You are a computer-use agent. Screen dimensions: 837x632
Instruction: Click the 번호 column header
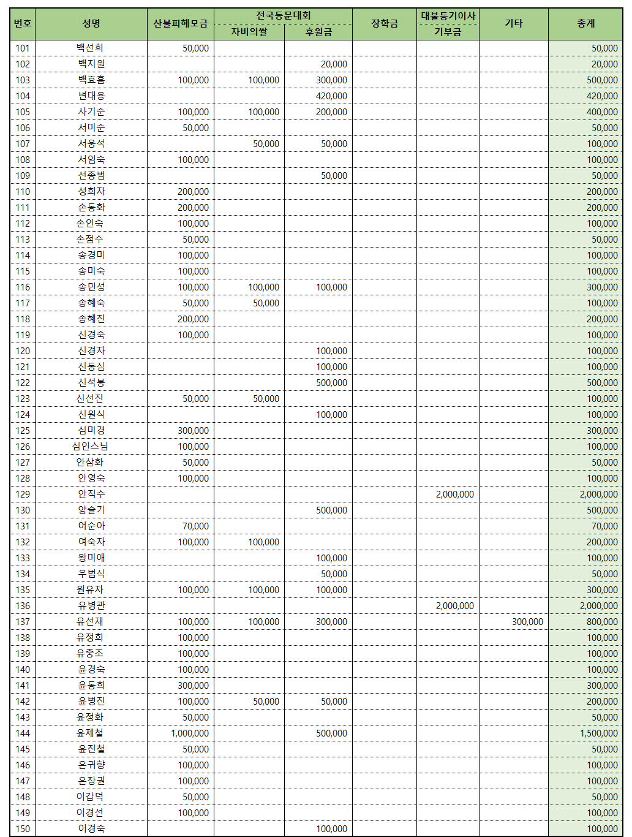pyautogui.click(x=23, y=24)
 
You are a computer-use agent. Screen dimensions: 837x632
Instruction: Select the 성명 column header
pyautogui.click(x=91, y=24)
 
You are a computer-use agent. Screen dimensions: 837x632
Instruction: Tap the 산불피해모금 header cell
pyautogui.click(x=180, y=24)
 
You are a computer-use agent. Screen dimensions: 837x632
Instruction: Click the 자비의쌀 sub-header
pyautogui.click(x=249, y=32)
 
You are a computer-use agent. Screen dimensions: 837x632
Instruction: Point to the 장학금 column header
pyautogui.click(x=385, y=24)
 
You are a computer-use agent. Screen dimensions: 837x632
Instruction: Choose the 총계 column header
pyautogui.click(x=585, y=24)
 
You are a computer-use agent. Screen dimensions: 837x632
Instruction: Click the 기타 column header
pyautogui.click(x=513, y=24)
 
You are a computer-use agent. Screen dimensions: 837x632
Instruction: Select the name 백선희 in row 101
pyautogui.click(x=90, y=48)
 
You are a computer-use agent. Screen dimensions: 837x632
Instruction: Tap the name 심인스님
pyautogui.click(x=90, y=446)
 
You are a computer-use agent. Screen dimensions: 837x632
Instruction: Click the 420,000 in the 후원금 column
pyautogui.click(x=331, y=96)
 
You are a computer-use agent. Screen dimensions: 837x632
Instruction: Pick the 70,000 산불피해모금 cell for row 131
pyautogui.click(x=195, y=526)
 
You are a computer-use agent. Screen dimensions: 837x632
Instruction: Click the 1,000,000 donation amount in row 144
pyautogui.click(x=190, y=733)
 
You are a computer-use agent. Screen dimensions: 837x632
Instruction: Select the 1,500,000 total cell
pyautogui.click(x=598, y=733)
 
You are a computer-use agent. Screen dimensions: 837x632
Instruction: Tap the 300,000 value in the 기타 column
pyautogui.click(x=527, y=621)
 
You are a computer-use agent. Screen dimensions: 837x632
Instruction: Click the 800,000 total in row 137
pyautogui.click(x=602, y=621)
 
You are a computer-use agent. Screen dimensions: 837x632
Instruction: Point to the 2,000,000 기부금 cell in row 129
pyautogui.click(x=454, y=494)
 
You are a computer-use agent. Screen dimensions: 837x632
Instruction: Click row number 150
pyautogui.click(x=23, y=828)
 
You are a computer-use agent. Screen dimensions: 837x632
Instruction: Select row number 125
pyautogui.click(x=23, y=430)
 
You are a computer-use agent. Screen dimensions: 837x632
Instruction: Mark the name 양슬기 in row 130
pyautogui.click(x=91, y=510)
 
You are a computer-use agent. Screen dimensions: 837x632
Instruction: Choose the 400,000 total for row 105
pyautogui.click(x=602, y=112)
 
